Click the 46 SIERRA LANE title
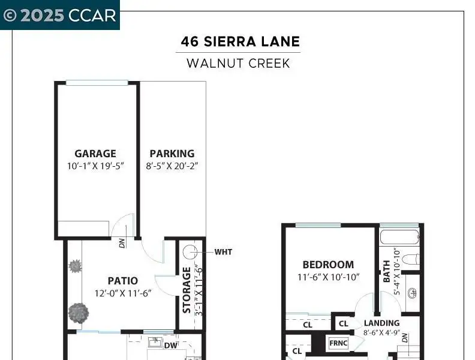point(240,41)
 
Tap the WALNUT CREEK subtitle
point(239,64)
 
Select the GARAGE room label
point(95,154)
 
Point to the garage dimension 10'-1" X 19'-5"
point(96,166)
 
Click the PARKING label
point(172,154)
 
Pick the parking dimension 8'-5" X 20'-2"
point(172,166)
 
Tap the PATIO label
point(123,281)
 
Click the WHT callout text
point(223,252)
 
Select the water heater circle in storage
point(190,252)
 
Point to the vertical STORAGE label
point(187,290)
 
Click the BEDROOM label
point(329,265)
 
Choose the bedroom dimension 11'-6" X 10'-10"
point(329,277)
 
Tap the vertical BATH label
point(387,272)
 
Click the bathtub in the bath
point(400,237)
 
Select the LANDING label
point(381,323)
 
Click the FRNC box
point(338,343)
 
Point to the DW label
point(170,346)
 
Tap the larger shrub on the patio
point(79,313)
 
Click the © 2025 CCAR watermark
point(60,15)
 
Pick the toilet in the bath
point(411,260)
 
